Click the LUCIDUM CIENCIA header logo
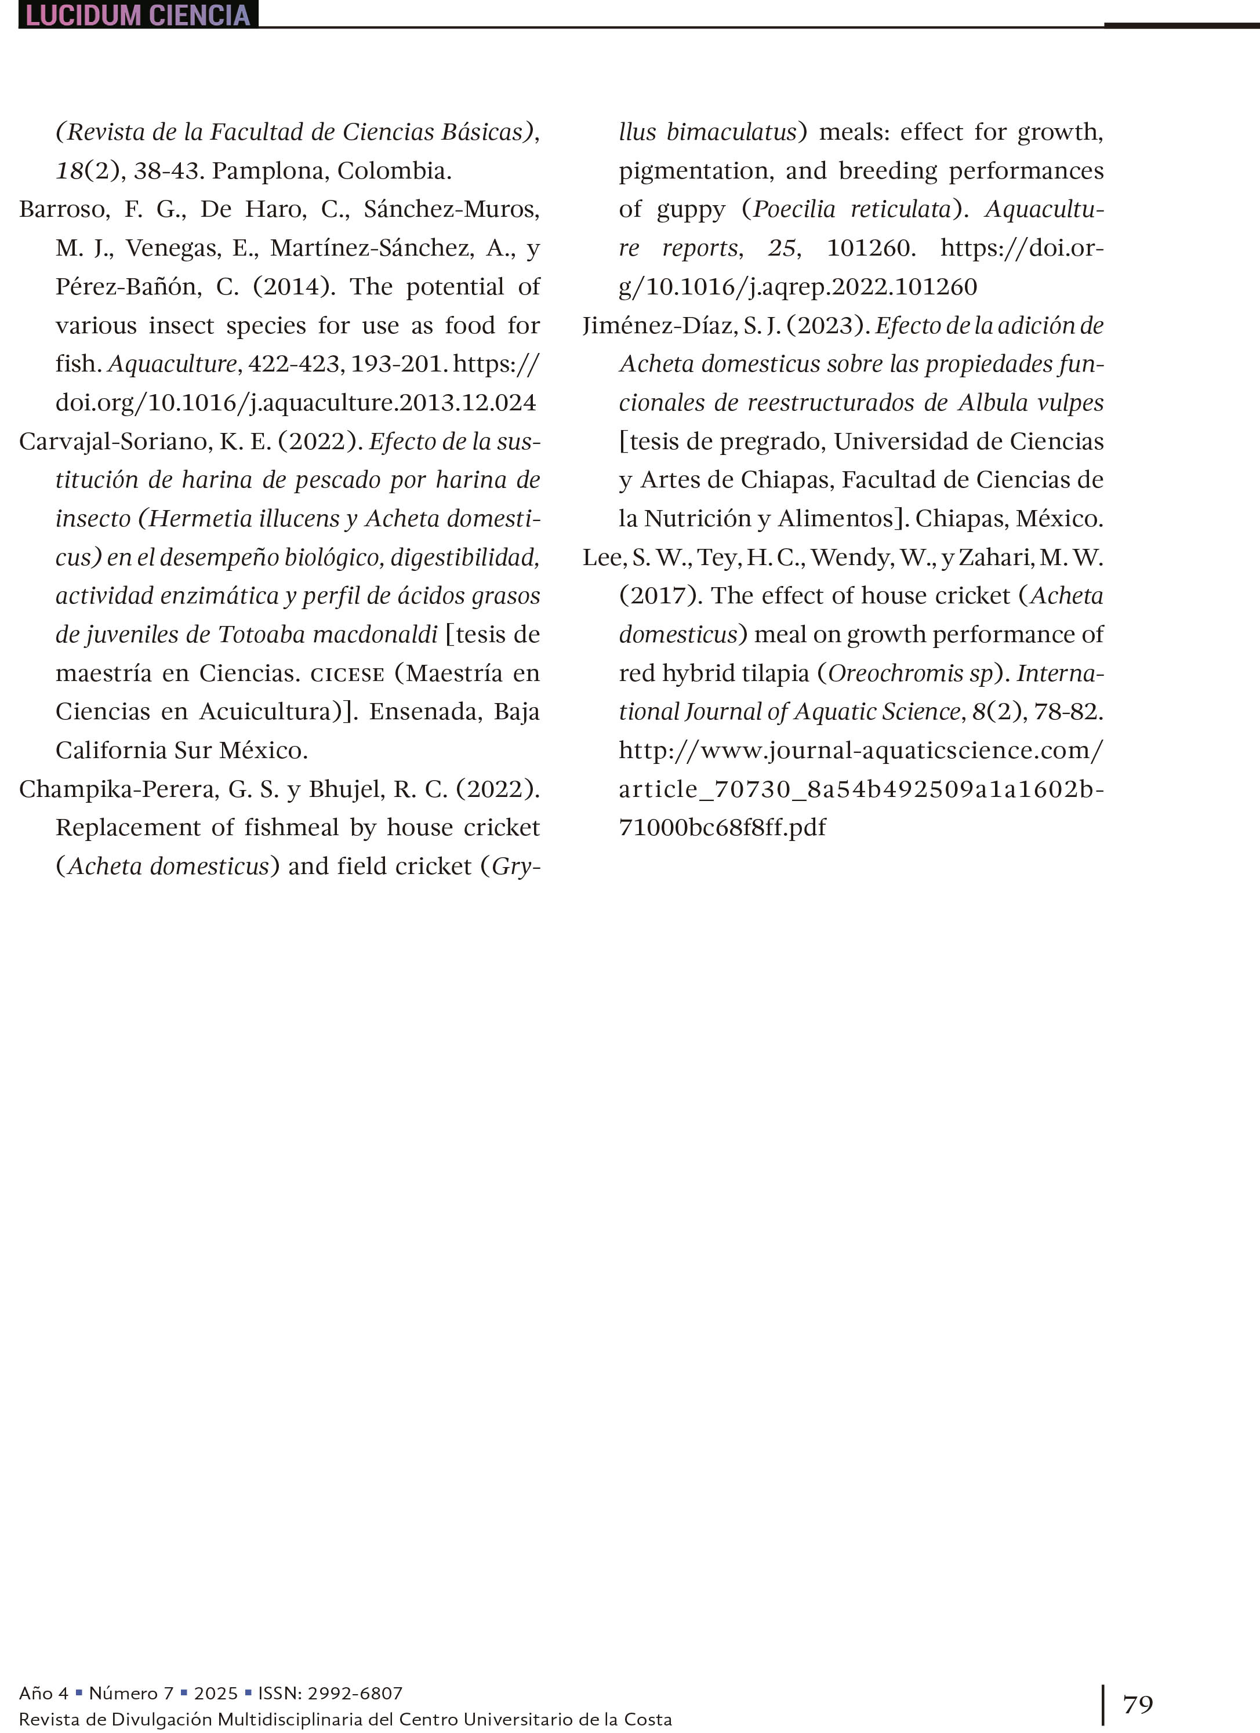[137, 14]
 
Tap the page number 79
[1138, 1703]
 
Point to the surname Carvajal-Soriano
[115, 442]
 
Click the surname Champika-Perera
[118, 789]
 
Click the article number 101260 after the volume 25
[871, 248]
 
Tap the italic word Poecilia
[794, 209]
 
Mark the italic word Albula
[993, 403]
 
